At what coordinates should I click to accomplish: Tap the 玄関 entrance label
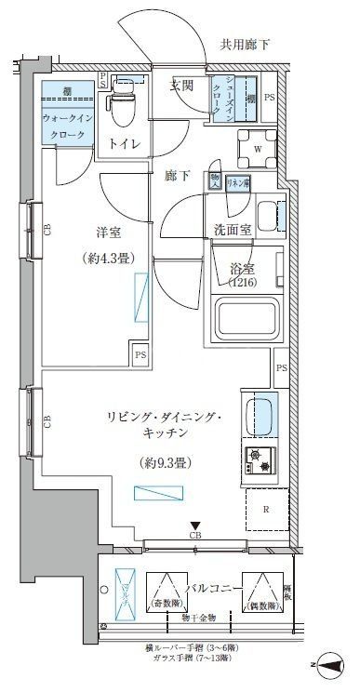[x=182, y=86]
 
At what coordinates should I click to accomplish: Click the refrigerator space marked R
[x=265, y=510]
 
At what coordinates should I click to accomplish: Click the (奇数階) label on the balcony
[x=165, y=605]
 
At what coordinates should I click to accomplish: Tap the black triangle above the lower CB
[x=194, y=526]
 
